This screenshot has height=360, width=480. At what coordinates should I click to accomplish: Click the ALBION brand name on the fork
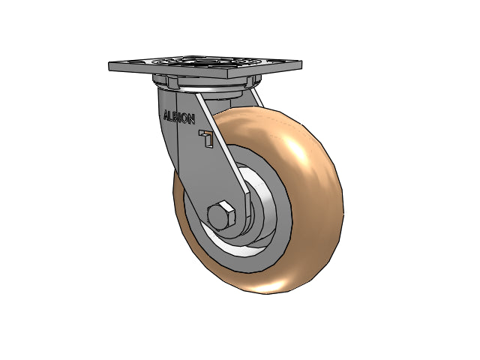(179, 117)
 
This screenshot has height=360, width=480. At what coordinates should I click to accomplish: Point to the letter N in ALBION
(191, 120)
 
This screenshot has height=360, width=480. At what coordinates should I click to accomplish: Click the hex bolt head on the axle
(220, 216)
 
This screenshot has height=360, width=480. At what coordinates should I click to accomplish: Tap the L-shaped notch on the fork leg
(207, 138)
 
